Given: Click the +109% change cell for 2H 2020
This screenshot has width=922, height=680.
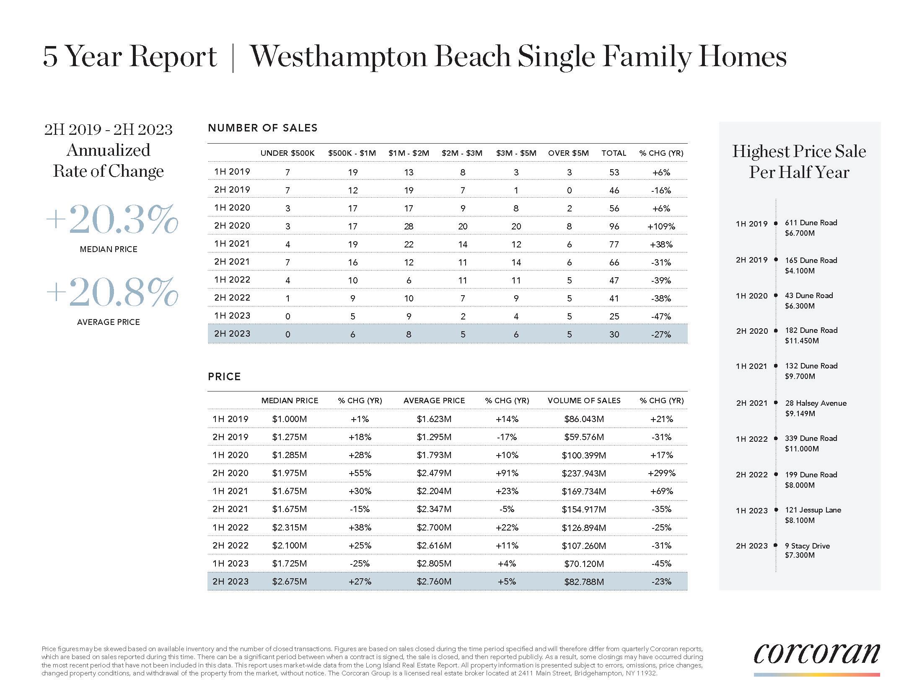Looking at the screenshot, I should tap(661, 227).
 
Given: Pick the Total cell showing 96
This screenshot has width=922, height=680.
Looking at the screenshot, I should tap(614, 227).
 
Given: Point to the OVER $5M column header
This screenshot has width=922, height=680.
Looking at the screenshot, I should tap(568, 153).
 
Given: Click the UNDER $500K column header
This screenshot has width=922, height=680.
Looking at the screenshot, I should tap(287, 153).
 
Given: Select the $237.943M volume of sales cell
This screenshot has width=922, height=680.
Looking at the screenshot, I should tap(584, 473).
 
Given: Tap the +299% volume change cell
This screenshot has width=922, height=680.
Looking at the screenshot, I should tap(661, 473).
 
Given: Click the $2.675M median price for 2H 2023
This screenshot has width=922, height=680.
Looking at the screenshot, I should tap(289, 582).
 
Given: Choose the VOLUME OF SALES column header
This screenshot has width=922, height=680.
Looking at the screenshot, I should tap(584, 401).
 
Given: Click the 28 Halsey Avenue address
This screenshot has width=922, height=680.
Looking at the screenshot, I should tap(816, 403).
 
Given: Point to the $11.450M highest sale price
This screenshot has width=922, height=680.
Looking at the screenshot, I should tap(801, 341).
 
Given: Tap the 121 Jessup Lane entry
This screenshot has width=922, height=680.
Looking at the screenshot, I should tap(813, 510).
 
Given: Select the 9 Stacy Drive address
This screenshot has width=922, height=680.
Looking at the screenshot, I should tap(807, 546).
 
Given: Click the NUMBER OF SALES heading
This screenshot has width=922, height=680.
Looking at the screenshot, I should tap(263, 128).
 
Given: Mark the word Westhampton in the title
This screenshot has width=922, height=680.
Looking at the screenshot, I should tap(337, 57).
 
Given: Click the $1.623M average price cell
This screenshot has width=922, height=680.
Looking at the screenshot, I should tap(434, 419).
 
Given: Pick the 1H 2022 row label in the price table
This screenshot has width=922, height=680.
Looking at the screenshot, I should tap(230, 528).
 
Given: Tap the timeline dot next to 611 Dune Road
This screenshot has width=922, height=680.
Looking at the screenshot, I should tap(776, 224).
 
